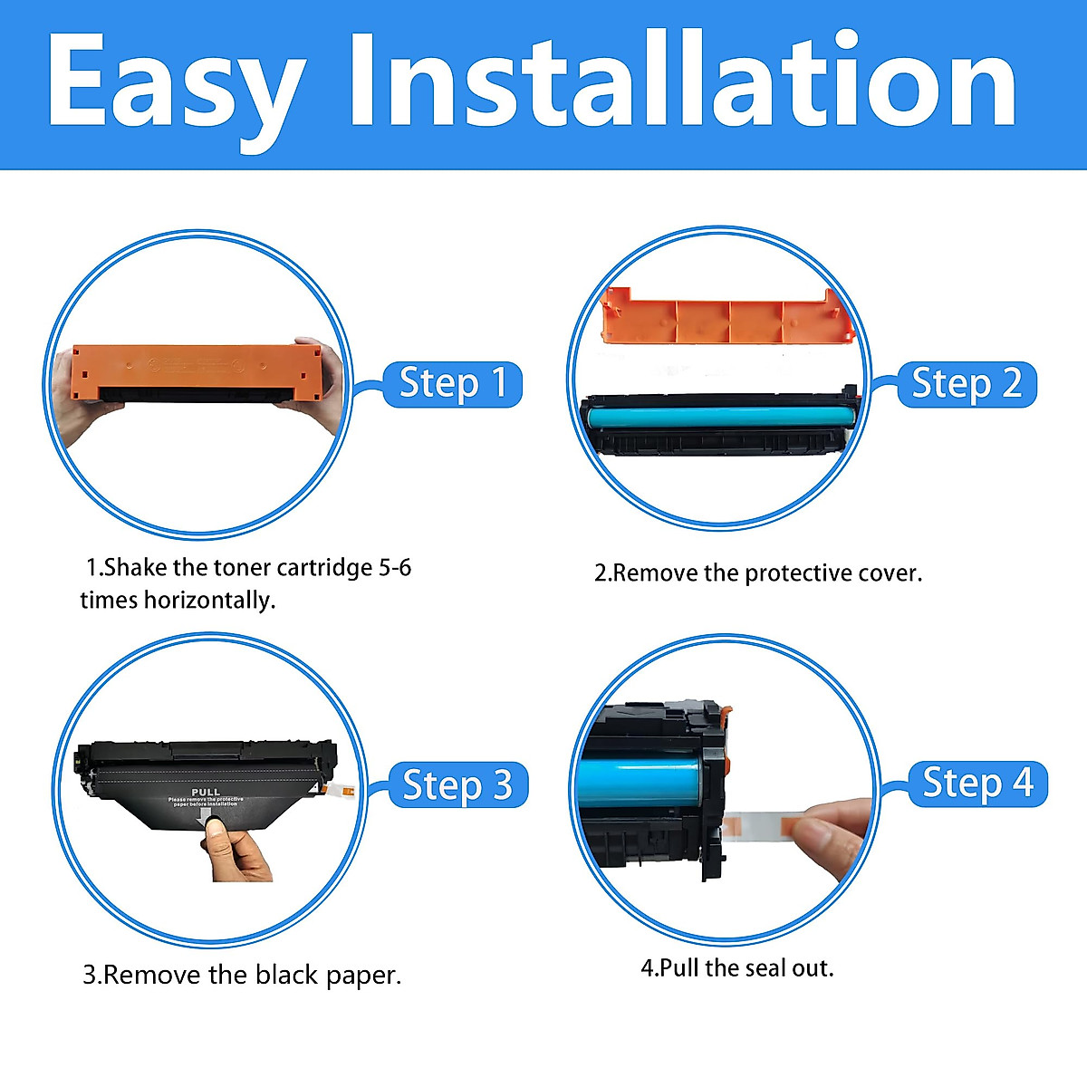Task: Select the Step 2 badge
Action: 966,383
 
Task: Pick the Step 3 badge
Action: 457,784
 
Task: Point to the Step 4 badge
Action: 976,783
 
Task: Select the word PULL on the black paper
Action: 206,792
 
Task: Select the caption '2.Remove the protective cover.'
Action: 757,573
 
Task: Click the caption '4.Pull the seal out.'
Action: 736,968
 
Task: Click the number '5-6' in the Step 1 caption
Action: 395,568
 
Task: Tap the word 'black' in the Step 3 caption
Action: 286,976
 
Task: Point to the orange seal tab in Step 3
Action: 344,792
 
